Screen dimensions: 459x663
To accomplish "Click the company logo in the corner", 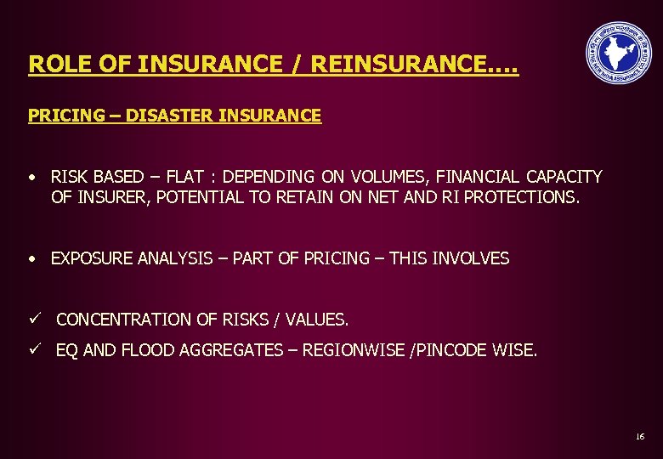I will (x=618, y=53).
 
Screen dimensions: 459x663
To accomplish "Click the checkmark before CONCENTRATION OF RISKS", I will (x=33, y=319).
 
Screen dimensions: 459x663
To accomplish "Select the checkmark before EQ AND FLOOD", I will (x=33, y=348).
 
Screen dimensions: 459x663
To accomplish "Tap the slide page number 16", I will (x=639, y=436).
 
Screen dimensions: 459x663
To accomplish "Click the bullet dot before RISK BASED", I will (x=31, y=178).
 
